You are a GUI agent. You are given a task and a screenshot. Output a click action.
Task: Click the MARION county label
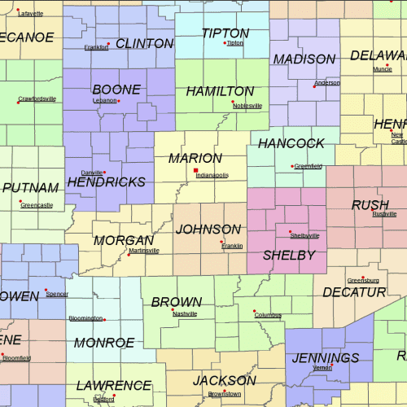[195, 158]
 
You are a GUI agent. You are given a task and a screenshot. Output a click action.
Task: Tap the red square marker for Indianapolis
[195, 170]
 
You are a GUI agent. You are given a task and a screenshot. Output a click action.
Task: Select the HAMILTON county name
[220, 91]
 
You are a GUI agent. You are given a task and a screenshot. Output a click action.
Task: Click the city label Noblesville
[247, 106]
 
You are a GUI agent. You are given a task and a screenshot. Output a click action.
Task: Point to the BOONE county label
[116, 90]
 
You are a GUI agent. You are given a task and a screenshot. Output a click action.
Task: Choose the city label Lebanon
[104, 100]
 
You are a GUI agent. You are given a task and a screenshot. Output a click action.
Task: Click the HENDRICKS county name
[106, 182]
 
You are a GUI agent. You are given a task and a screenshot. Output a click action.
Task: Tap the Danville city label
[92, 173]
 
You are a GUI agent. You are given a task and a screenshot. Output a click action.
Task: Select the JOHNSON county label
[208, 230]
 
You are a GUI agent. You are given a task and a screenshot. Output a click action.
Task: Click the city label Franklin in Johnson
[232, 246]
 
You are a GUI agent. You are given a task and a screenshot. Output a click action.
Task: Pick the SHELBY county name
[288, 256]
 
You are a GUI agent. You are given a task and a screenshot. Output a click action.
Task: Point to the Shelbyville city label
[304, 235]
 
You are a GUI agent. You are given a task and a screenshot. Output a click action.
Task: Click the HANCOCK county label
[291, 143]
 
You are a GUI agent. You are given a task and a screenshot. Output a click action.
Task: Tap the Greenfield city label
[309, 166]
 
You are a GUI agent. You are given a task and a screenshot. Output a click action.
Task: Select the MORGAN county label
[124, 240]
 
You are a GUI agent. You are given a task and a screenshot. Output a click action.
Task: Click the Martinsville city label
[144, 251]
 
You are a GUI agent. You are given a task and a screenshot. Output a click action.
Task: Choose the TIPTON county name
[225, 33]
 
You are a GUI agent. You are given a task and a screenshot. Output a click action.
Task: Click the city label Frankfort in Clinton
[96, 47]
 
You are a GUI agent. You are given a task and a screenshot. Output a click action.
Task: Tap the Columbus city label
[268, 315]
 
